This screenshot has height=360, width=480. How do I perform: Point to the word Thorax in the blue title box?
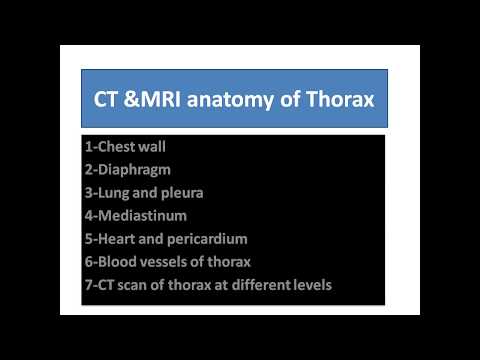pos(341,100)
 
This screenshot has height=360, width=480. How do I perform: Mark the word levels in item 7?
pos(309,284)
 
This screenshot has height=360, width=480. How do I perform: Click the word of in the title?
pos(294,100)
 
